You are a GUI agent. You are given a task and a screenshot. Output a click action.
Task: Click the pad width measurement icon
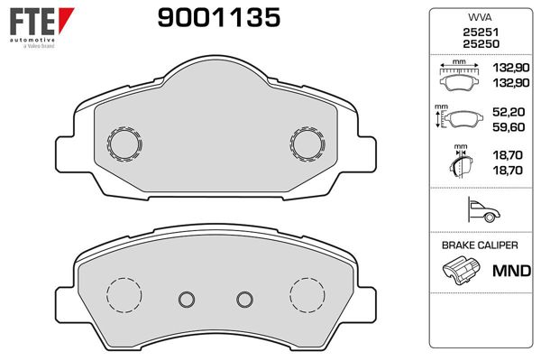461,77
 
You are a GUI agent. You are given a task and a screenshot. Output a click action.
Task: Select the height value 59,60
509,128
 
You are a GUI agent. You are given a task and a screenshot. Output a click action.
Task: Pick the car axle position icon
479,211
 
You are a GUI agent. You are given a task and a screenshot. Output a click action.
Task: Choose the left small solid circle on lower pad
188,300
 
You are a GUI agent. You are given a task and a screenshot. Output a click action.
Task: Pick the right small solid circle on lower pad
243,300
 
